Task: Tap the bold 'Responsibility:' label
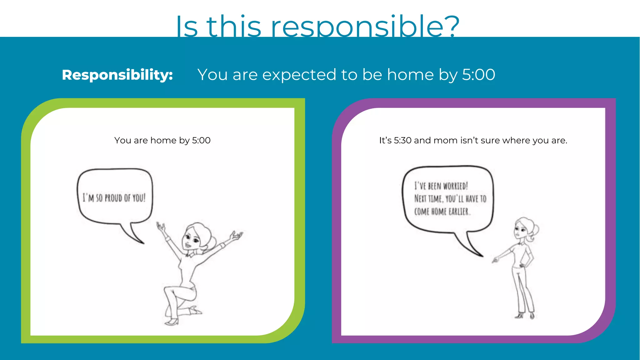[117, 75]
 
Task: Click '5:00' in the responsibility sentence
[478, 75]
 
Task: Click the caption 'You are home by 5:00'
[162, 140]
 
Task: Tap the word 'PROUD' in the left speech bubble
[113, 198]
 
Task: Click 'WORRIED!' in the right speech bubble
[455, 186]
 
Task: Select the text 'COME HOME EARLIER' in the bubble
[442, 212]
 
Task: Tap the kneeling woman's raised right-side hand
[236, 235]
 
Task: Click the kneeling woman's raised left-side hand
[161, 227]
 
